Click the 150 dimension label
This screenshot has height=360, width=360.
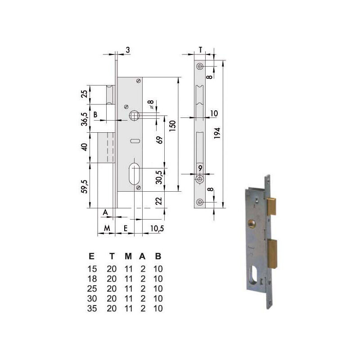click(x=172, y=126)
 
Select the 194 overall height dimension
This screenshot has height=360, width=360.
click(x=217, y=133)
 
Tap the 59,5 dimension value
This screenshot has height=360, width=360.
click(x=85, y=186)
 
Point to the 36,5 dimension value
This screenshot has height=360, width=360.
click(x=85, y=119)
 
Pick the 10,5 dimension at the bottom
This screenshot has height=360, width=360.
click(x=157, y=229)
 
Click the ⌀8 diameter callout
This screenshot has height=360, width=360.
click(x=151, y=104)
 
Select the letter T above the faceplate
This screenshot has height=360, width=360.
click(x=201, y=50)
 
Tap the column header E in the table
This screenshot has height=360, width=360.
click(x=92, y=256)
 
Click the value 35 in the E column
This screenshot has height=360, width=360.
click(x=92, y=308)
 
